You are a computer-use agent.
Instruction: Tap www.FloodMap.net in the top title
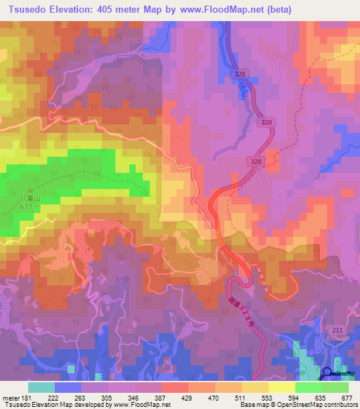tap(223, 10)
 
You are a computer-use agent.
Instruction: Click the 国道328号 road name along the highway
tap(238, 309)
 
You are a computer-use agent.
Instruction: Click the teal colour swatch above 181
tap(41, 387)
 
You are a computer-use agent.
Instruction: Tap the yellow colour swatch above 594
tap(281, 387)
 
